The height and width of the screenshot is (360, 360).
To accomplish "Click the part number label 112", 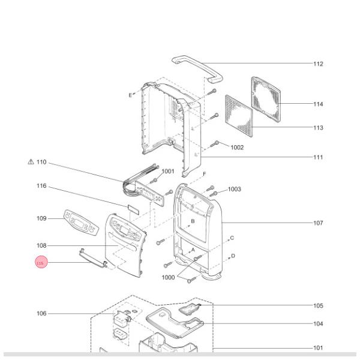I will coord(318,64).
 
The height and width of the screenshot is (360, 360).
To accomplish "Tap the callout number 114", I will coord(318,104).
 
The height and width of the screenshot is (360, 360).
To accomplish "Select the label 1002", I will coord(237,148).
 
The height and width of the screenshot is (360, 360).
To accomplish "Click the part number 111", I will coord(318,158).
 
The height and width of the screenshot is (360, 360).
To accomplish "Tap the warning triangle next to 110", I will coord(31,162).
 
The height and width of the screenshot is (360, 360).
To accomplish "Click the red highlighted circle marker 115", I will coord(41,263).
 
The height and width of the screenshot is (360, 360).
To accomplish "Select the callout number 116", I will coord(41,187).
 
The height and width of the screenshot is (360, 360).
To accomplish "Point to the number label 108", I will coord(41,246).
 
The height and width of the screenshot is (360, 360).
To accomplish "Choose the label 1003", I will coord(234,190).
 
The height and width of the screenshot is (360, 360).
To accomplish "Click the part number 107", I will coord(318,223).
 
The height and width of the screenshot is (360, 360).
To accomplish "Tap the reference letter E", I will coord(130,95).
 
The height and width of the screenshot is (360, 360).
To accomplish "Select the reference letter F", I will coord(205,175).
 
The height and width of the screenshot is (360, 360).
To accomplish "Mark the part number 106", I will coord(41,314).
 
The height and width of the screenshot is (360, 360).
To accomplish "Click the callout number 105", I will coord(318,306).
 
